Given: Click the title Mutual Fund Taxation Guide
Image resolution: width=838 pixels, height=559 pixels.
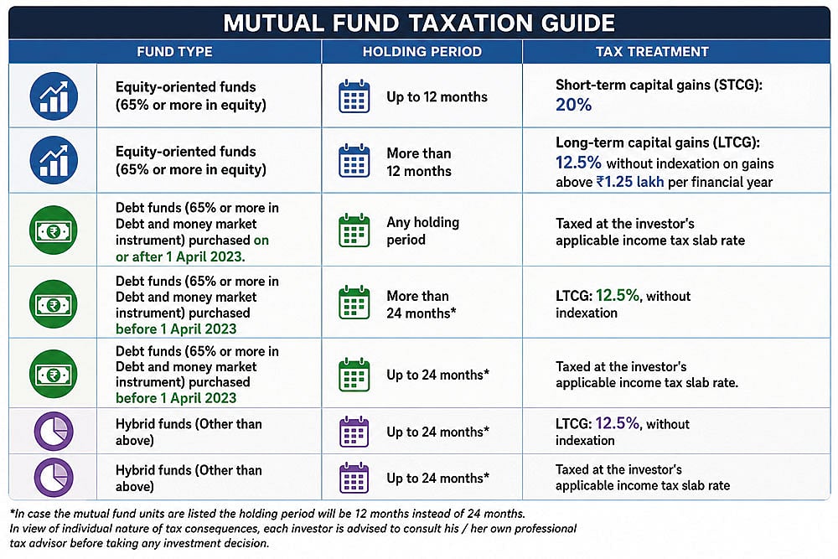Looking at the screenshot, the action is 419,23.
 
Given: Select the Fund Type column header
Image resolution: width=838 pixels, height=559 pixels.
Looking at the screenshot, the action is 175,52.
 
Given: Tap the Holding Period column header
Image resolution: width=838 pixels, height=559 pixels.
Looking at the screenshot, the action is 422,52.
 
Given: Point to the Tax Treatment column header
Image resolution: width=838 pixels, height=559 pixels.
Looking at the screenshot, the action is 652,52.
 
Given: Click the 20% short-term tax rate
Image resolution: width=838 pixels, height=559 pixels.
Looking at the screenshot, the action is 573,105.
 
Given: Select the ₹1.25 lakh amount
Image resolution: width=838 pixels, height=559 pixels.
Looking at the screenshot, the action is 630,182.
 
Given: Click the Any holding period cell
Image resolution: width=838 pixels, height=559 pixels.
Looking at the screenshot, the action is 422,230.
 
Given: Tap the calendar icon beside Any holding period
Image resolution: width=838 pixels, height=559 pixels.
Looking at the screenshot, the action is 354,230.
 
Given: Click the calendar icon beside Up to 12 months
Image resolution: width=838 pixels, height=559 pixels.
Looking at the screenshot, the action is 354,96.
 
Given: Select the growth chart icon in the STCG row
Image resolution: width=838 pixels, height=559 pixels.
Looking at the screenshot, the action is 54,96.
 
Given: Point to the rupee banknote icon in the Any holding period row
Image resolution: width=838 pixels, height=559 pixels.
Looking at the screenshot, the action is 54,230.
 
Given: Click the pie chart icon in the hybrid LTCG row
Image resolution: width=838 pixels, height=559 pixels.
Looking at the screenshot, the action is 54,431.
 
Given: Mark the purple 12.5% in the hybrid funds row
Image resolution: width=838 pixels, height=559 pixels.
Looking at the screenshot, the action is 618,423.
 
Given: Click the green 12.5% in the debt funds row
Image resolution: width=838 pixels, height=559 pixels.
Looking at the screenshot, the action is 618,295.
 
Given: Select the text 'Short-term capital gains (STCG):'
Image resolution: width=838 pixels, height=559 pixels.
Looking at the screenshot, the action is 659,85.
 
